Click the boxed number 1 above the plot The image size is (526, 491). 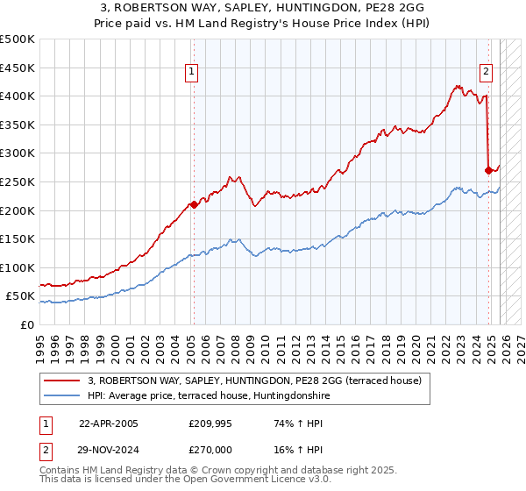pos(191,73)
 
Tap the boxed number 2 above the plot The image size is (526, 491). pos(486,73)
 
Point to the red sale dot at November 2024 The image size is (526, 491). pos(488,170)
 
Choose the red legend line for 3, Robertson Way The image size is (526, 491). pos(61,381)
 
